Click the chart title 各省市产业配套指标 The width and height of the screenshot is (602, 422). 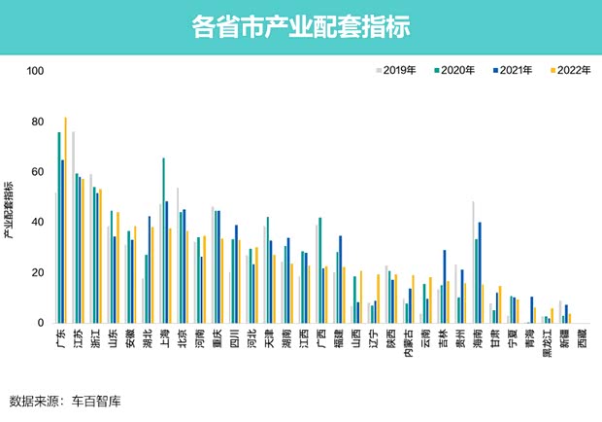(x=300, y=26)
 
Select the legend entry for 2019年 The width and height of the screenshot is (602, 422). (x=399, y=71)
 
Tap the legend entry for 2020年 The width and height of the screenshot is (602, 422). (x=454, y=71)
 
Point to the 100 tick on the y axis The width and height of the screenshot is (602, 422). (x=36, y=71)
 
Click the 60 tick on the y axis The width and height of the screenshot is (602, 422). (x=38, y=172)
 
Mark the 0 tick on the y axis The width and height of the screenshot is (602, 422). (x=41, y=323)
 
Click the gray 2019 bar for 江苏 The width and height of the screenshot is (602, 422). (x=74, y=228)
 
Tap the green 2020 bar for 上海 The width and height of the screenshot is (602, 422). (x=163, y=240)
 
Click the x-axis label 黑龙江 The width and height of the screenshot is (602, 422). (x=549, y=345)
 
